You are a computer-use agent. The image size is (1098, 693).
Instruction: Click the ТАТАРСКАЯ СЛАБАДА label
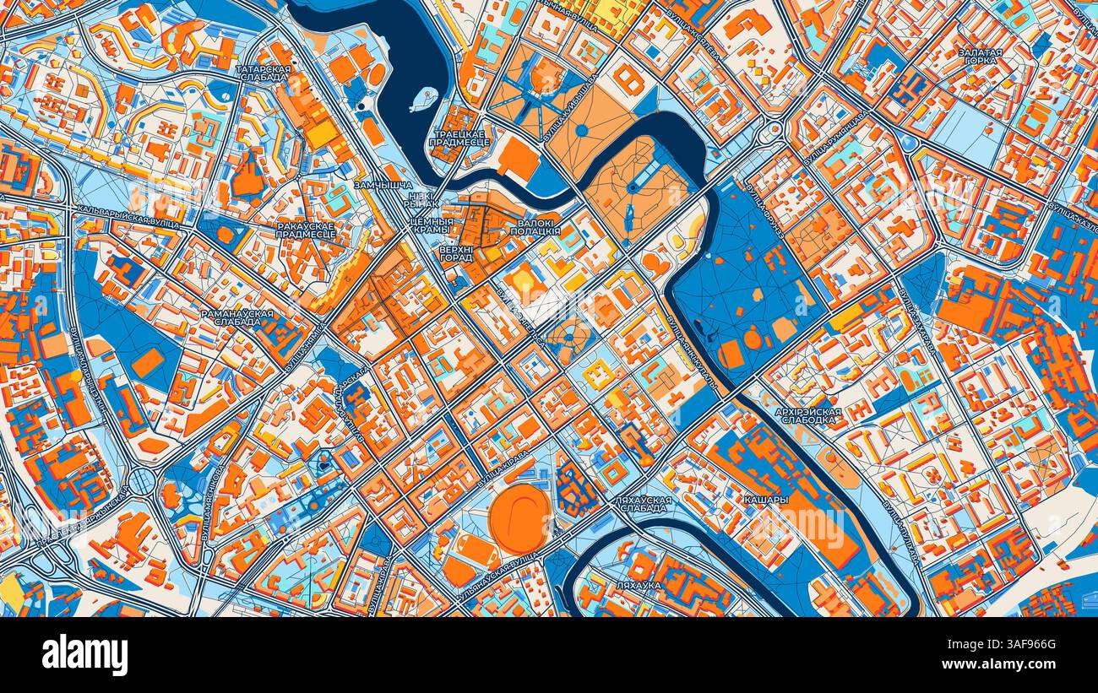pyautogui.click(x=264, y=73)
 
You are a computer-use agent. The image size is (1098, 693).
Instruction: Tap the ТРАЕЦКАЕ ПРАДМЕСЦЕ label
pyautogui.click(x=459, y=138)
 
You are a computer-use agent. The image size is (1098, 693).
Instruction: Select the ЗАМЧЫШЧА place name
pyautogui.click(x=383, y=184)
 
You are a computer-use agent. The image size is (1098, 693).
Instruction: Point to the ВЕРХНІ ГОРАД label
pyautogui.click(x=455, y=253)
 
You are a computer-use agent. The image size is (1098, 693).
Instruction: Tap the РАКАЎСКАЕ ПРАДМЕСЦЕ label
pyautogui.click(x=305, y=230)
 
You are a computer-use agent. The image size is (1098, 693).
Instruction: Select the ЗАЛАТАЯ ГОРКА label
pyautogui.click(x=980, y=57)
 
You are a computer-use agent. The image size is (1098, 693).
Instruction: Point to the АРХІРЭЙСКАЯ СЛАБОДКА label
pyautogui.click(x=807, y=415)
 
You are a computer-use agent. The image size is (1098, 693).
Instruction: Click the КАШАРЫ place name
pyautogui.click(x=765, y=500)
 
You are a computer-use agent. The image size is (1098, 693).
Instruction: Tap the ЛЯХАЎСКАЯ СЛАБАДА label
pyautogui.click(x=643, y=504)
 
